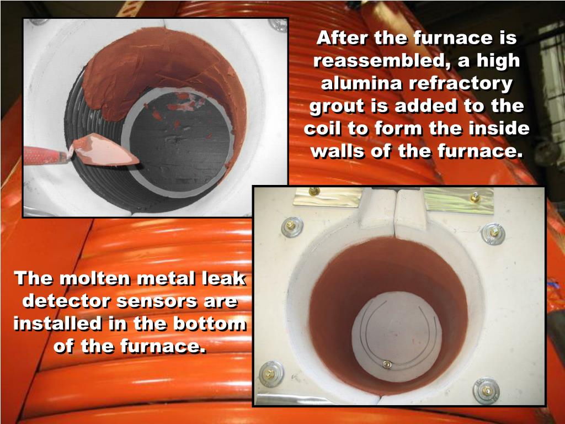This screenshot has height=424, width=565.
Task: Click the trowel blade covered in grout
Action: [x=104, y=150]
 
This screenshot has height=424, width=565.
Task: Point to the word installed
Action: [x=57, y=324]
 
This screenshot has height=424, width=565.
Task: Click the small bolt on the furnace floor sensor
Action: [x=387, y=364]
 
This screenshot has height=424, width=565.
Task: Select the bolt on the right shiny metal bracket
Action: [x=475, y=197]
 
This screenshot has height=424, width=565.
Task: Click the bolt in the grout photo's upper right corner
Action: [x=278, y=24]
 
